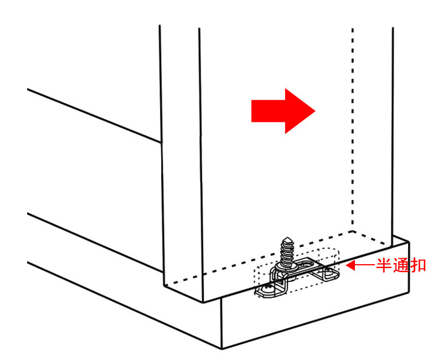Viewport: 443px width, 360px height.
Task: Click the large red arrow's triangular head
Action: [297, 111]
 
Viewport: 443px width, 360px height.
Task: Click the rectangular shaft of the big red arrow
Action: [268, 111]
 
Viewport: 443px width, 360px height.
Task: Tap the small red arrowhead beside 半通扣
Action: [351, 266]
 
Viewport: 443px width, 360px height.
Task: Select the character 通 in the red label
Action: [400, 266]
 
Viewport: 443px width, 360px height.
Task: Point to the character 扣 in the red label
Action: [418, 266]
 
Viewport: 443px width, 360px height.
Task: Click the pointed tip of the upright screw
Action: [287, 238]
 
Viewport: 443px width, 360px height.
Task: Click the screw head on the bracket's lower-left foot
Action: [267, 289]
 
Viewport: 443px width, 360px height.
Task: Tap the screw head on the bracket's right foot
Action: [328, 273]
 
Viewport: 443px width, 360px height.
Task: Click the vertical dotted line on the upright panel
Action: [353, 130]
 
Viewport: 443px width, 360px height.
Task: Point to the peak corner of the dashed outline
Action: [352, 232]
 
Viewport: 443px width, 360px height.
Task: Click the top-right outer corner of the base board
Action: [409, 241]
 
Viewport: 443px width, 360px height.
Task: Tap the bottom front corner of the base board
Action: [222, 349]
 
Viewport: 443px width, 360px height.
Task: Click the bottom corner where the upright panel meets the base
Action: [203, 302]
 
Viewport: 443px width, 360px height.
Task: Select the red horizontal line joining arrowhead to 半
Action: [365, 266]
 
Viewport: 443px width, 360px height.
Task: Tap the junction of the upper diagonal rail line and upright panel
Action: [161, 142]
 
